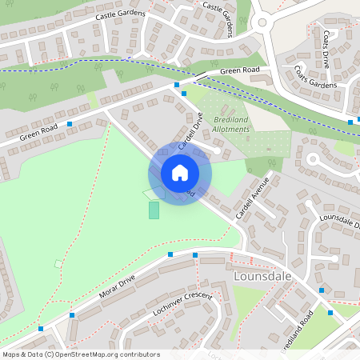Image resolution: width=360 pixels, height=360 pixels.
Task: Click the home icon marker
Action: point(180,173)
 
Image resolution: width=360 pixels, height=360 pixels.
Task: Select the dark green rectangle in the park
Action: point(154,210)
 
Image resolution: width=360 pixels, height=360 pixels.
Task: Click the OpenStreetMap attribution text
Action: point(80,354)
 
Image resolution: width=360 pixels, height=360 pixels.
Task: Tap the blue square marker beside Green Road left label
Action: point(70,124)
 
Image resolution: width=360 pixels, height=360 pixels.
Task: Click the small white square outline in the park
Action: point(58,263)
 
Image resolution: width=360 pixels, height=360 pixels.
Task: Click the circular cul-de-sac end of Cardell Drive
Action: point(217,150)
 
